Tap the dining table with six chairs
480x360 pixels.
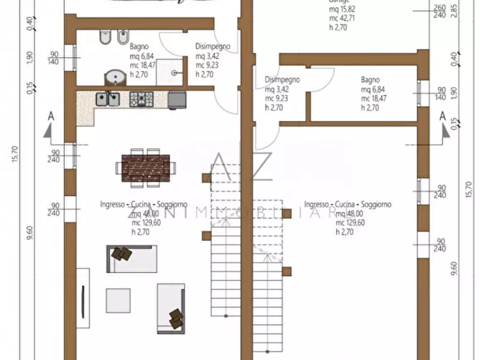tap(146, 168)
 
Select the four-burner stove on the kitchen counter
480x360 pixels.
tap(141, 98)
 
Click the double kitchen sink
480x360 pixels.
tap(108, 98)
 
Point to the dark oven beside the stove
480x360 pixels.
tap(177, 99)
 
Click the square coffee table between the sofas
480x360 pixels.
tap(118, 300)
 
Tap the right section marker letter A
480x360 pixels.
tap(442, 116)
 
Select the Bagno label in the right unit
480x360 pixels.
tap(370, 79)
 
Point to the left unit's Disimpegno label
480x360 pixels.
tap(213, 47)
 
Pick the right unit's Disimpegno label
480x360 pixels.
tap(282, 80)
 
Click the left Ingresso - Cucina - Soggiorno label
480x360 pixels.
tap(144, 204)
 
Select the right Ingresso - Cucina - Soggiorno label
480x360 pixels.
tap(347, 204)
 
